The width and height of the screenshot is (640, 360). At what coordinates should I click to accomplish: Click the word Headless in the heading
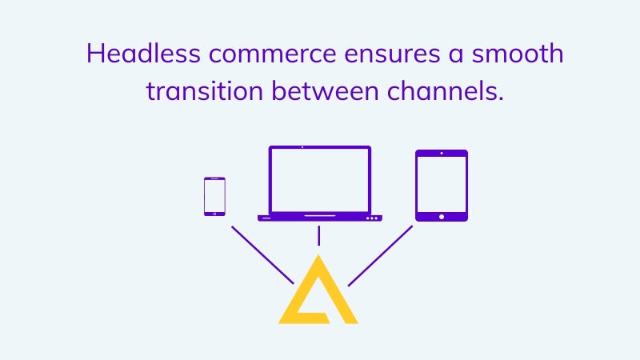pos(143,54)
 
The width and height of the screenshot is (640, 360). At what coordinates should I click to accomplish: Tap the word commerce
pos(272,54)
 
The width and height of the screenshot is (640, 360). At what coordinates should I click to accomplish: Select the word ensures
pos(392,54)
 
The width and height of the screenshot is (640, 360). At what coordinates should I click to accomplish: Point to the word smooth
pos(518,54)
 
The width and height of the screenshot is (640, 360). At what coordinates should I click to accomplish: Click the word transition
pos(205,91)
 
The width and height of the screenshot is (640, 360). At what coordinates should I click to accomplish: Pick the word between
pos(325,91)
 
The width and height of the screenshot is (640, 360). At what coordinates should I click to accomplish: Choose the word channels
pos(446,91)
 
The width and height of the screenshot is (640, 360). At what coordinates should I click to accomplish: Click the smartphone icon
pos(214,196)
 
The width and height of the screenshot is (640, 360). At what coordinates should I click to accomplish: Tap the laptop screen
pos(319,180)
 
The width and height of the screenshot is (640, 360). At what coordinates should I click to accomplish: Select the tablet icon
pos(442,186)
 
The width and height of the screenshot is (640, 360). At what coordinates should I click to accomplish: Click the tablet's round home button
pos(442,217)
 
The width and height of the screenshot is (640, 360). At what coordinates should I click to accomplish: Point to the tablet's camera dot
pos(442,154)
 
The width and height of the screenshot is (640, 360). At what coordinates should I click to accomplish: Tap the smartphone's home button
pos(214,214)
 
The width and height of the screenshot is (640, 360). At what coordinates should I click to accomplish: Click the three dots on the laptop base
pos(372,218)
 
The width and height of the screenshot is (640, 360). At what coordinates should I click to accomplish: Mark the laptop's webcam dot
pos(302,147)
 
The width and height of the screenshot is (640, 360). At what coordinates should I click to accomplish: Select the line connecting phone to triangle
pos(262,255)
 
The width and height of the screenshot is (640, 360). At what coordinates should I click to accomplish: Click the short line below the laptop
pos(318,236)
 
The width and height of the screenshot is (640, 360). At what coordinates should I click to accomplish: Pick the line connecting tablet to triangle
pos(381,255)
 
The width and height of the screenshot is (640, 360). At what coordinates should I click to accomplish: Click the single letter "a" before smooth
pos(456,55)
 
